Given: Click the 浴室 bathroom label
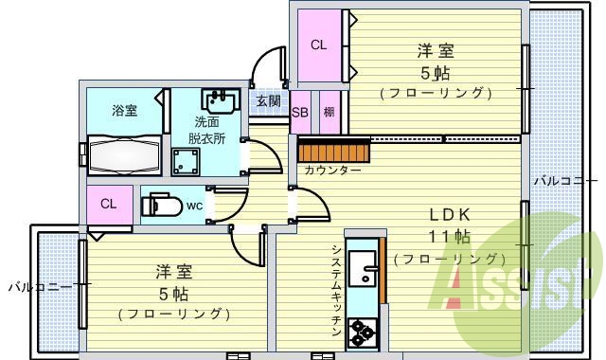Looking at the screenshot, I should tap(124, 110).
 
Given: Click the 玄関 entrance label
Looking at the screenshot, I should tap(267, 100).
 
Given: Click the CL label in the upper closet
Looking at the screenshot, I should tap(319, 44).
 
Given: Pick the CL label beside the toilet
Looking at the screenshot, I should tap(108, 204).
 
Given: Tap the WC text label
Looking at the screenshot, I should tap(194, 205).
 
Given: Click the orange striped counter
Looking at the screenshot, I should tap(331, 149).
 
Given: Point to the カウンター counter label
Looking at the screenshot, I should tap(332, 171).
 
